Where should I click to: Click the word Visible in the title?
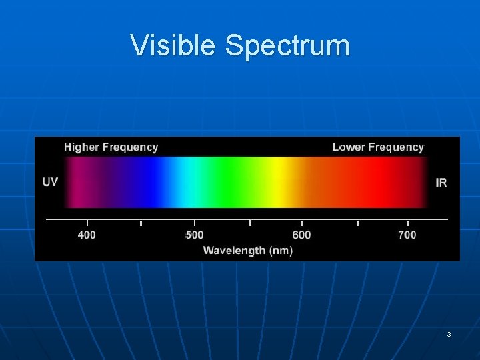click(175, 45)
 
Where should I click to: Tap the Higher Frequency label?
click(111, 147)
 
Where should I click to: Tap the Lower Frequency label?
click(377, 147)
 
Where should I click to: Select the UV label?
click(50, 182)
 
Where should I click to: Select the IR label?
click(441, 182)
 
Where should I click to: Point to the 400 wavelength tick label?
click(87, 235)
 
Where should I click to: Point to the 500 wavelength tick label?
click(194, 235)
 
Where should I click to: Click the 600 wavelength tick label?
click(301, 235)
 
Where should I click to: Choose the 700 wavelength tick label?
click(407, 235)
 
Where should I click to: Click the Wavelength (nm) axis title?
click(247, 251)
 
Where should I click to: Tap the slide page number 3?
click(449, 334)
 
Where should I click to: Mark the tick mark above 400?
click(87, 223)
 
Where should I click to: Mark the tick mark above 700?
click(407, 223)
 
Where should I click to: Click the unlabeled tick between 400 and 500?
click(141, 223)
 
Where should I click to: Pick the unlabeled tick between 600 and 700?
click(358, 223)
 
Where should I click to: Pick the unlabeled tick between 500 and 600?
click(250, 223)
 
